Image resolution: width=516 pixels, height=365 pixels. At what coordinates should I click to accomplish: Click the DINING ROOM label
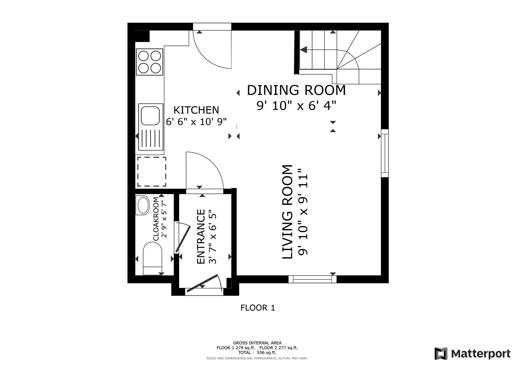(x=296, y=91)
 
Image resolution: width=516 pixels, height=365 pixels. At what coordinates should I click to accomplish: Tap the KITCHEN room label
(x=196, y=110)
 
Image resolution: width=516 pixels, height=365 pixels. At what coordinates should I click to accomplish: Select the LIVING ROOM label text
(x=287, y=212)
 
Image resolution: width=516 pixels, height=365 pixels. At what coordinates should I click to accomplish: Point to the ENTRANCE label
(x=201, y=237)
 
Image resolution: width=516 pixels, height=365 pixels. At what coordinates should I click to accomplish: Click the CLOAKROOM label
(x=156, y=219)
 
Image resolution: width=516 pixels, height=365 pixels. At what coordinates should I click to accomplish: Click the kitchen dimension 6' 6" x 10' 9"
(x=196, y=121)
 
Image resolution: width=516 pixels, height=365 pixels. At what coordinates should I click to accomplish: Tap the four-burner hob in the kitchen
(x=149, y=62)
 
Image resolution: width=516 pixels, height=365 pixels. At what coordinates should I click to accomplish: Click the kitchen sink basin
(x=150, y=116)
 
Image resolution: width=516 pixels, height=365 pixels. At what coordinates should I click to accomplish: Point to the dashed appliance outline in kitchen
(x=151, y=171)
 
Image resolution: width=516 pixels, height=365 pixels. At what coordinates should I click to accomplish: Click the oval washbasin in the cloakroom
(x=143, y=205)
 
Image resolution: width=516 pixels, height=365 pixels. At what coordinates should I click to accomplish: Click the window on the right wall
(x=385, y=153)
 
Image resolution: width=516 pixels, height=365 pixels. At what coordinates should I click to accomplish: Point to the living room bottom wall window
(x=313, y=279)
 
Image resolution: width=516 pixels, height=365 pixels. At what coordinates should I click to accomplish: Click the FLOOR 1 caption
(x=257, y=308)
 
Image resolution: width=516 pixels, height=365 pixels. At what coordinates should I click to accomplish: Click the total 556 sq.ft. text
(x=257, y=352)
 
